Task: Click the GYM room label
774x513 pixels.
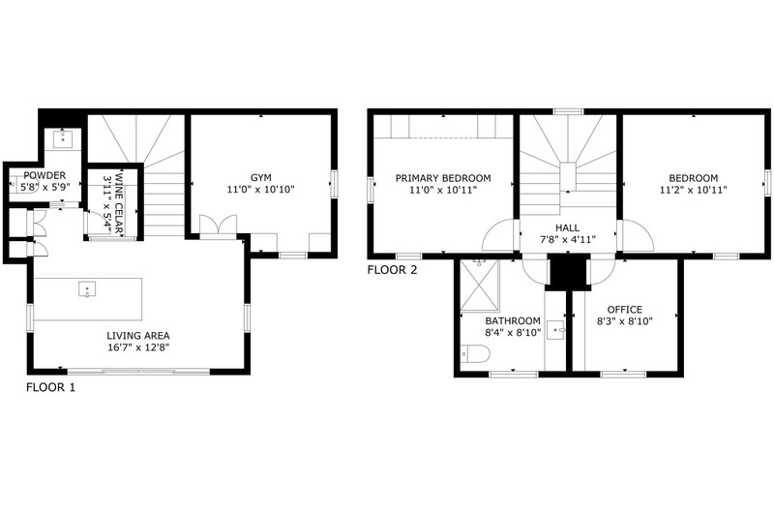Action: pyautogui.click(x=260, y=178)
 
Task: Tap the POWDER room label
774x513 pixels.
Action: pyautogui.click(x=45, y=175)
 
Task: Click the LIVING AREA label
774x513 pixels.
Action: pyautogui.click(x=138, y=336)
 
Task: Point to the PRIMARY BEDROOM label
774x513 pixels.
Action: pyautogui.click(x=443, y=178)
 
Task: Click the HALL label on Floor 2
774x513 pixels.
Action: pyautogui.click(x=568, y=228)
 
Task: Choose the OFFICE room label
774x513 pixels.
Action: pyautogui.click(x=625, y=310)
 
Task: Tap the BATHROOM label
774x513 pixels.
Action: pyautogui.click(x=513, y=321)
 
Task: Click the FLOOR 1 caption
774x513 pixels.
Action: pyautogui.click(x=51, y=387)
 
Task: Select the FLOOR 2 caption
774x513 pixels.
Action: pyautogui.click(x=393, y=270)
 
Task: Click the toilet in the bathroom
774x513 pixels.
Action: pyautogui.click(x=475, y=353)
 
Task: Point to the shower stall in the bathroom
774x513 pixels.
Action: pyautogui.click(x=479, y=287)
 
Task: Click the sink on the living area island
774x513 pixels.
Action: pyautogui.click(x=87, y=289)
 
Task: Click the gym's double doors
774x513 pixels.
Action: pyautogui.click(x=218, y=227)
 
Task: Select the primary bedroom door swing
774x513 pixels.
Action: pyautogui.click(x=498, y=235)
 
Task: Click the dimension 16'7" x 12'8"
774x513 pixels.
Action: pyautogui.click(x=138, y=347)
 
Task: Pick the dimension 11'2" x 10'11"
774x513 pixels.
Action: pyautogui.click(x=693, y=190)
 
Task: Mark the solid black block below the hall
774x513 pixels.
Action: pyautogui.click(x=568, y=272)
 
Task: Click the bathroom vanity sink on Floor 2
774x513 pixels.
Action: pyautogui.click(x=556, y=330)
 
